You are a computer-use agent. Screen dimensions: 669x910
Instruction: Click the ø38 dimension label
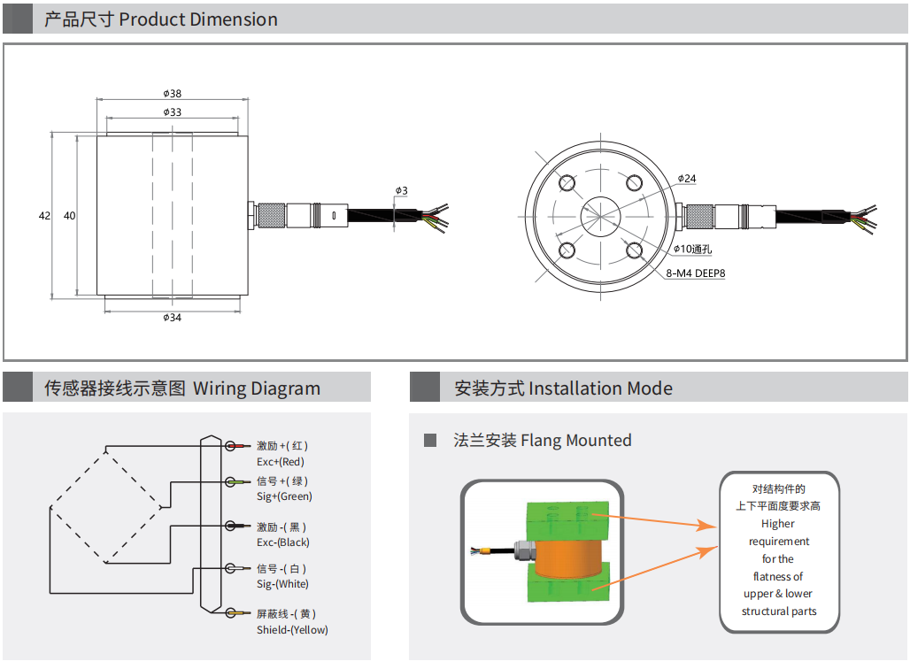coord(173,94)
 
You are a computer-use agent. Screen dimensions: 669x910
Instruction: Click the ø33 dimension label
coord(173,112)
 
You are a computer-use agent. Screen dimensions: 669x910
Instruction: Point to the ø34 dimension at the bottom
coord(173,318)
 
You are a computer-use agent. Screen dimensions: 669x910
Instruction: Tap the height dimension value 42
coord(44,216)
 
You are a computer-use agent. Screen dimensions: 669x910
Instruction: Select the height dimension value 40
coord(70,216)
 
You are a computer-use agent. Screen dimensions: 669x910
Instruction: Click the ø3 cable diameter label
coord(401,190)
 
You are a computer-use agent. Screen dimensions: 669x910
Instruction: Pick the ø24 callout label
coord(687,179)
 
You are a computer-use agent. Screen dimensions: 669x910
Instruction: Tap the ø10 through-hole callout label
coord(693,250)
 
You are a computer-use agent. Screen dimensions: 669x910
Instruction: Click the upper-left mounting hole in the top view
coord(566,183)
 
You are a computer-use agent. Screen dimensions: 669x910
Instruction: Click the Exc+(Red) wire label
coord(281,461)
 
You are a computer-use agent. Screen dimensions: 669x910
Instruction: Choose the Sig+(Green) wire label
coord(284,496)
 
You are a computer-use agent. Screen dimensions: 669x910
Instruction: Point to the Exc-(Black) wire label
coord(283,542)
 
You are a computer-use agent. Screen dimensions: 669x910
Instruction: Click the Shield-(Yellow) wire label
coord(292,629)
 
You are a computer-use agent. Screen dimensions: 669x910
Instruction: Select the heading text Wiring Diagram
coord(257,388)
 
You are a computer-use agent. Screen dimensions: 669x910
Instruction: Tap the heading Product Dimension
coord(198,19)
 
